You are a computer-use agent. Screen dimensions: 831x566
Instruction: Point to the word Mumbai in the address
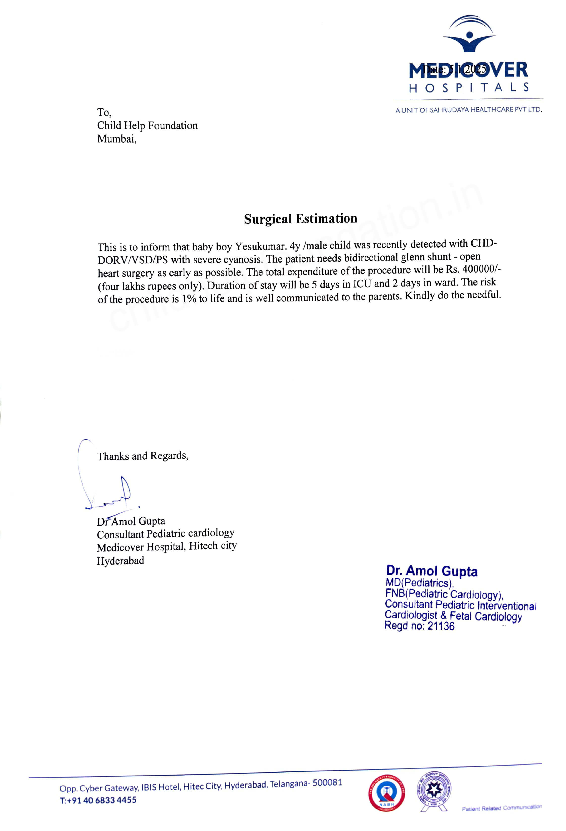coord(116,139)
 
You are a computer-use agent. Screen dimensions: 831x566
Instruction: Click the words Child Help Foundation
coord(147,125)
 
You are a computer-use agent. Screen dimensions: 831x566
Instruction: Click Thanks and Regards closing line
coord(142,456)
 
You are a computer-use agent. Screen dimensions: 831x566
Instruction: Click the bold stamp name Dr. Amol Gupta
coord(431,571)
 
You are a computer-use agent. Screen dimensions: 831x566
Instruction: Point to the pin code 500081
coord(327,782)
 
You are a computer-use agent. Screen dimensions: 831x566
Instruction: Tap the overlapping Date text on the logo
coord(454,69)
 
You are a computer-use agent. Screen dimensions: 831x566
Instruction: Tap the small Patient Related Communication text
coord(501,808)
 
